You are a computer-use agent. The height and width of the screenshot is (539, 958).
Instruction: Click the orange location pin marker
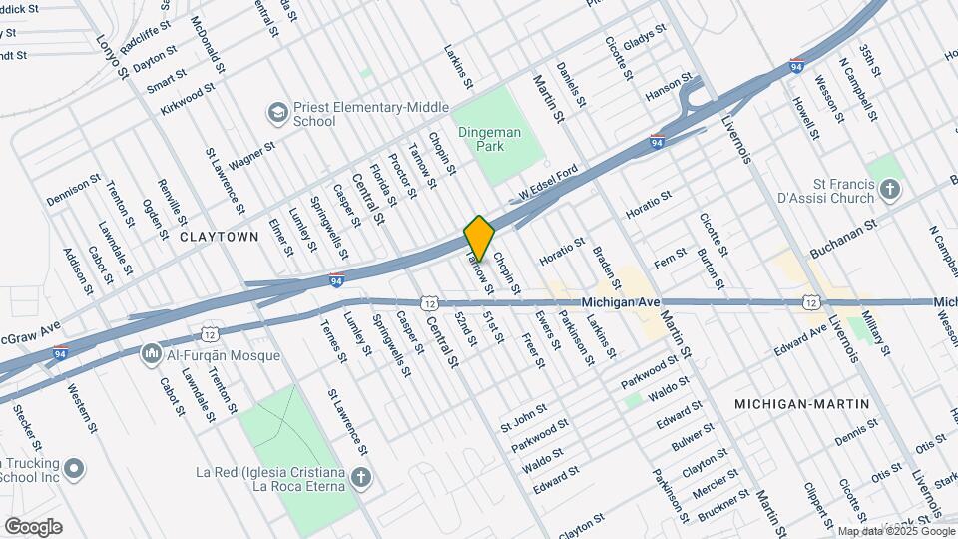pos(480,238)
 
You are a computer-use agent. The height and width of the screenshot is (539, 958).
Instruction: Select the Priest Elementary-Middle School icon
pos(276,111)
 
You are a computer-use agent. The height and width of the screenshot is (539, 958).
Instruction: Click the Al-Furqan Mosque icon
pos(152,352)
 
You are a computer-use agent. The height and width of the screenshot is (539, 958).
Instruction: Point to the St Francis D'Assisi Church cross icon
pos(891,187)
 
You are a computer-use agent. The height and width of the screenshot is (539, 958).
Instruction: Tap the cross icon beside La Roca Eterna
pos(362,478)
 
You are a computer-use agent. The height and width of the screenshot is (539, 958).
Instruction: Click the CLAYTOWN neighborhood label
pos(219,237)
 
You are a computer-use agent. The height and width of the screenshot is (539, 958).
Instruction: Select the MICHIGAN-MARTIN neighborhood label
pos(801,404)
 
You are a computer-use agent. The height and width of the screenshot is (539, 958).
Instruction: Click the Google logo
pos(33,527)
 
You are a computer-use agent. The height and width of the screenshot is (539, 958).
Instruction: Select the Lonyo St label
pos(113,57)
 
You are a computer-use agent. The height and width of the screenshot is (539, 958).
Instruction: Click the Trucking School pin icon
pos(73,467)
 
